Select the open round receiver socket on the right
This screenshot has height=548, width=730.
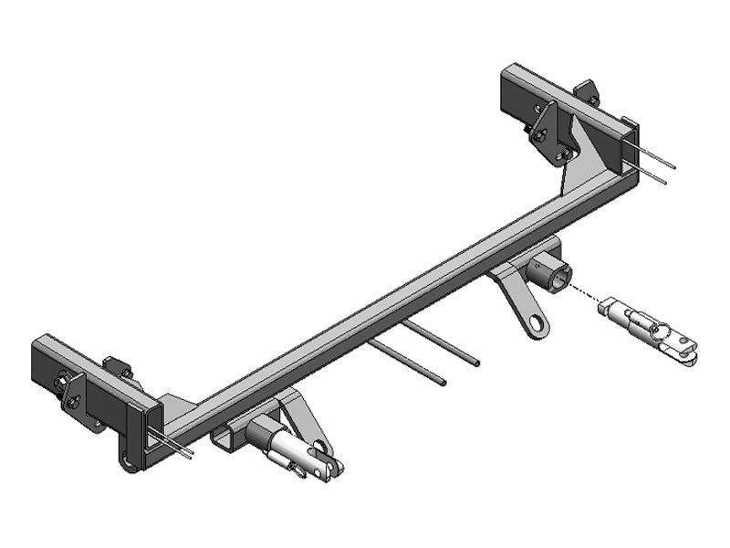click(x=555, y=271)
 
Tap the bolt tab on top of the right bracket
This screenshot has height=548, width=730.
click(x=587, y=91)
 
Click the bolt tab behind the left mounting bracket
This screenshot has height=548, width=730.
click(x=117, y=368)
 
